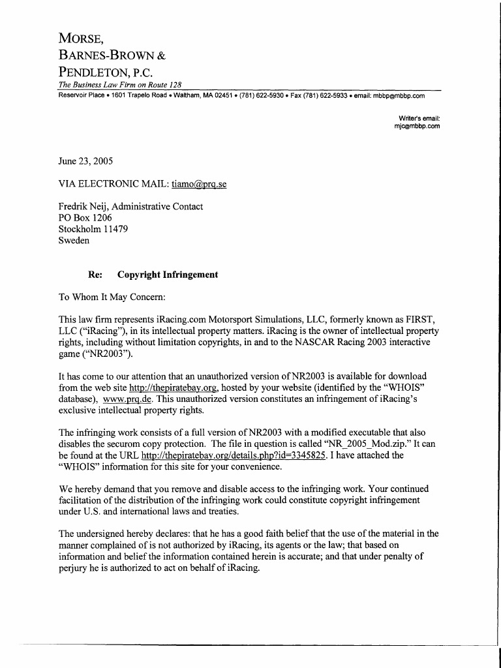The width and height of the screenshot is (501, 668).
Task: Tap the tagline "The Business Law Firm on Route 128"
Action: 120,85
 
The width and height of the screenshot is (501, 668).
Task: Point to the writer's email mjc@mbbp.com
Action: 417,127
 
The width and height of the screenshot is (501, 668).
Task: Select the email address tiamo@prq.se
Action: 199,185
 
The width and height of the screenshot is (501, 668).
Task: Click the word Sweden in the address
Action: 74,240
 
